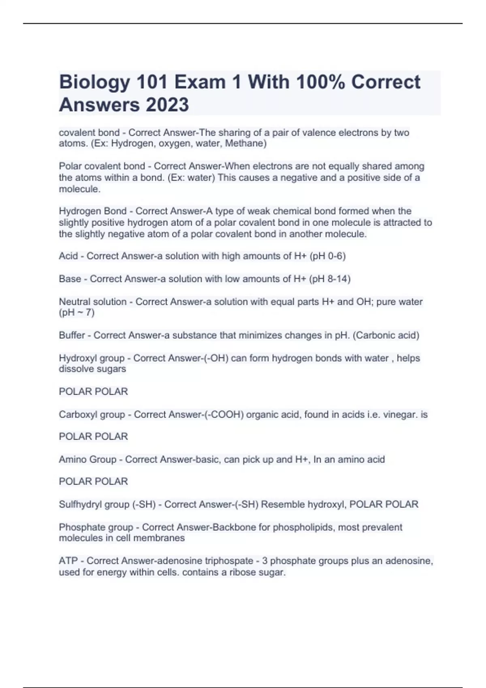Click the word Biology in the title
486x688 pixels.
[94, 83]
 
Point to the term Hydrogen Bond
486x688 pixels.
[93, 211]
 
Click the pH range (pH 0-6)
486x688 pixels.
[328, 256]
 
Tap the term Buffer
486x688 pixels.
[72, 335]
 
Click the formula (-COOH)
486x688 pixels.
[221, 414]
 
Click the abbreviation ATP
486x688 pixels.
[68, 561]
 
